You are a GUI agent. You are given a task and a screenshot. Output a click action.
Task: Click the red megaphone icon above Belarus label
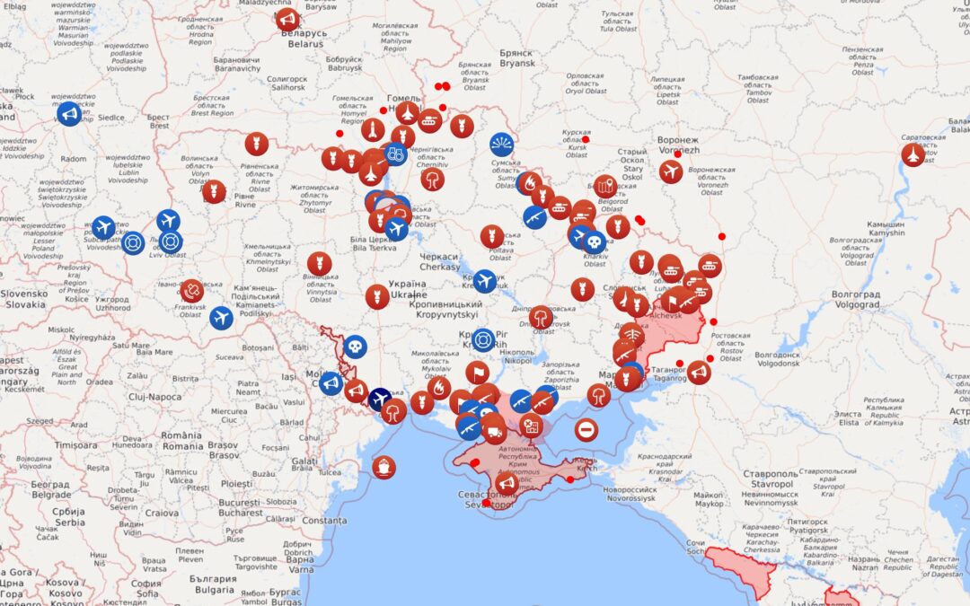tap(287, 19)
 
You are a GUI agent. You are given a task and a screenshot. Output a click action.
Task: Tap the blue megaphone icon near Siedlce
tap(69, 114)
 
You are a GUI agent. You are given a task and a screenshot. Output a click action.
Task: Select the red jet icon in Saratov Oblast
tap(913, 154)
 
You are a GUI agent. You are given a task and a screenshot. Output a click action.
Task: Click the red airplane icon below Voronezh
tap(671, 171)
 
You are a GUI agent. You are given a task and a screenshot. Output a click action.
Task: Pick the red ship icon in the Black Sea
tap(384, 467)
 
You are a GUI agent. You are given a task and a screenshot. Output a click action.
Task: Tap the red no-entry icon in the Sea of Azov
tap(586, 429)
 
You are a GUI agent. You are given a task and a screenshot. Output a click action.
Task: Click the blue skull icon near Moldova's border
tap(355, 347)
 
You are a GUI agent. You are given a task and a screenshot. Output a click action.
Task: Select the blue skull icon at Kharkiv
tap(594, 241)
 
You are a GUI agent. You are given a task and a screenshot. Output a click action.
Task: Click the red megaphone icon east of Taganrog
tap(699, 372)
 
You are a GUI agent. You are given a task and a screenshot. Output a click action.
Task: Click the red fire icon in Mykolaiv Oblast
tap(440, 389)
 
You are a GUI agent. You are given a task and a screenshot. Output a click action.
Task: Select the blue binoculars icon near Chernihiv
tap(394, 154)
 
